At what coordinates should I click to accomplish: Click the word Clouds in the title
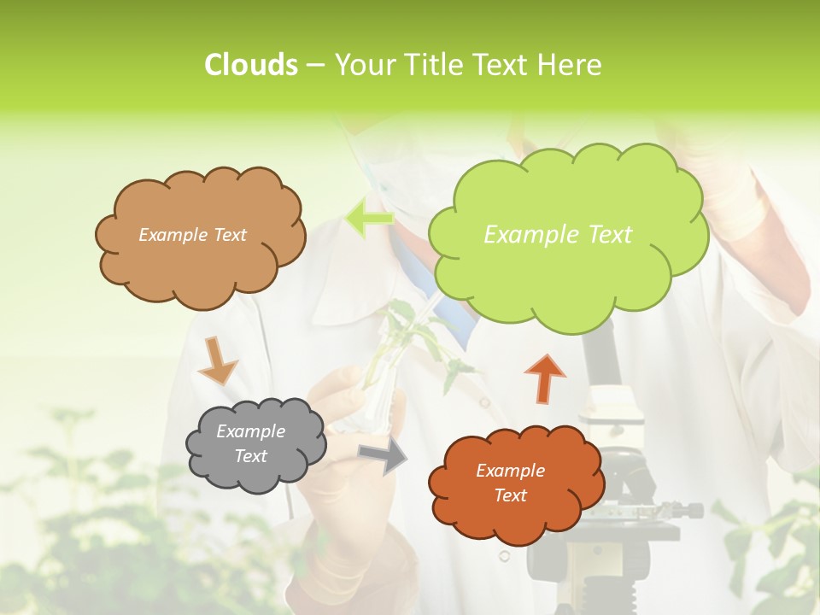coord(250,65)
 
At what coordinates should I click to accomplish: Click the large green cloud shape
coord(568,273)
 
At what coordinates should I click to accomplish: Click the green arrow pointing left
coord(369,219)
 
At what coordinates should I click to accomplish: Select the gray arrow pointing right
coord(384,456)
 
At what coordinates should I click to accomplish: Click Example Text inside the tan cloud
coord(192,235)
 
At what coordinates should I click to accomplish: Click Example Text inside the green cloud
coord(558,235)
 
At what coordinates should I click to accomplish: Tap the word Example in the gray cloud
coord(250,431)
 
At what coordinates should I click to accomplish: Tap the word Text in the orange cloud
coord(510,495)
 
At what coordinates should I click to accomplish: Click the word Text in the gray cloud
coord(250,456)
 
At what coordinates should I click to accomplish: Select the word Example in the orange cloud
coord(510,471)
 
